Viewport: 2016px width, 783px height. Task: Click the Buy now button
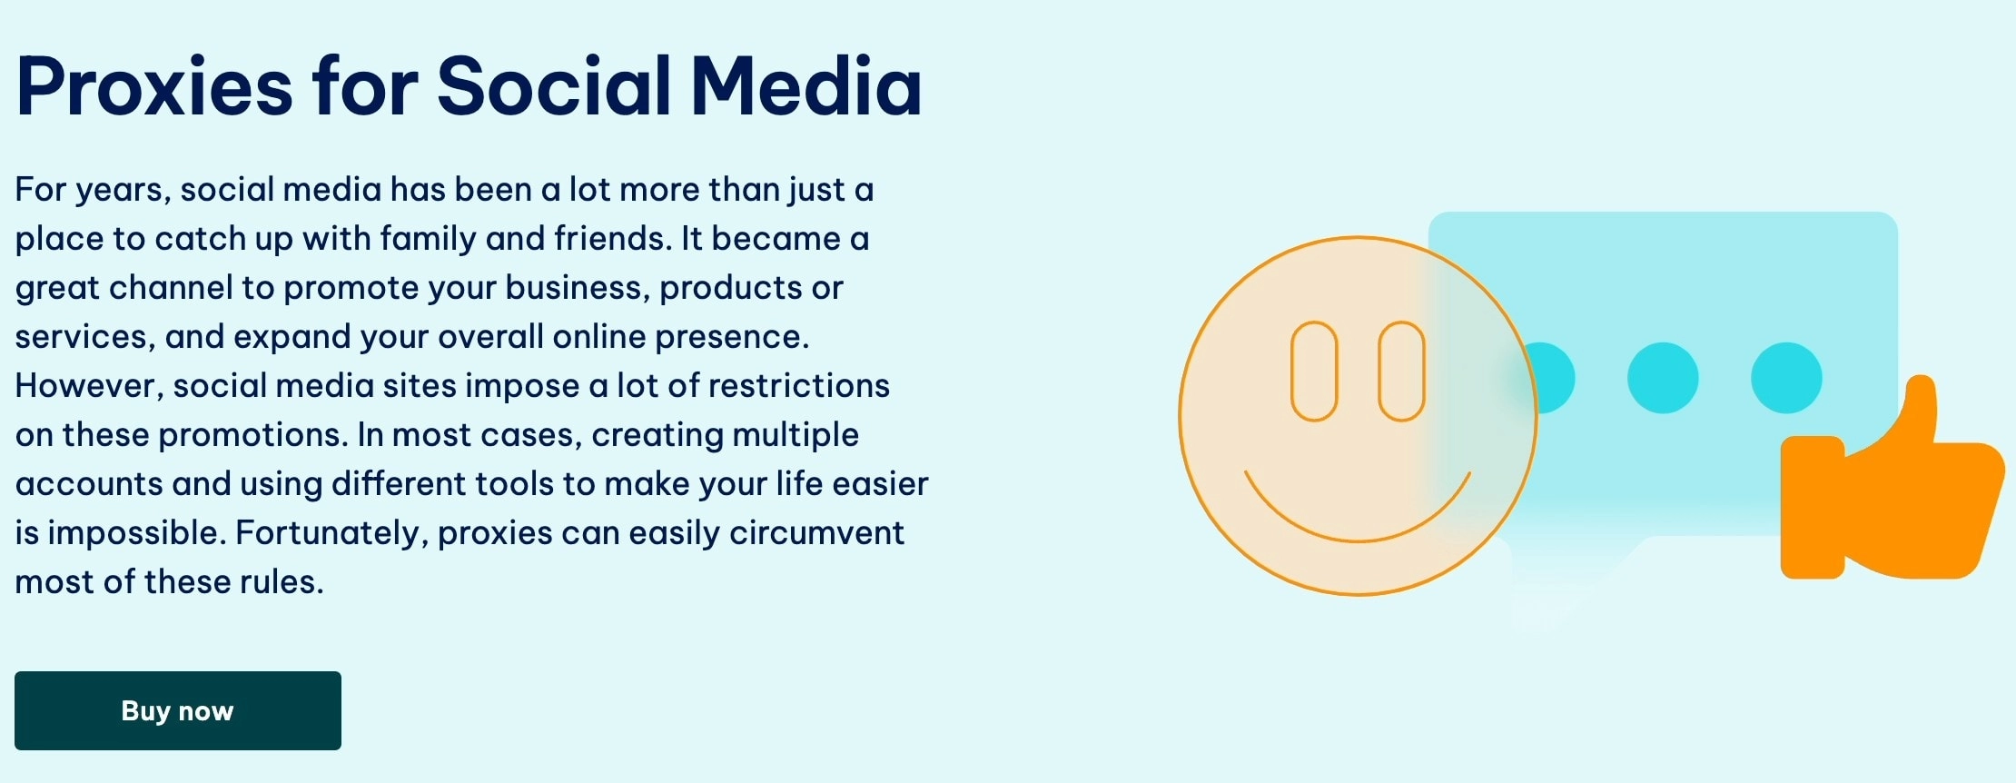(x=178, y=710)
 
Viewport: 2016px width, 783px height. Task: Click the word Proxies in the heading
(x=154, y=87)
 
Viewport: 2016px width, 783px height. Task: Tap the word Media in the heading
(x=806, y=87)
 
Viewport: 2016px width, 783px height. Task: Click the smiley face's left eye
(x=1314, y=371)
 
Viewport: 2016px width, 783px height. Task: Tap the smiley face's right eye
(x=1401, y=371)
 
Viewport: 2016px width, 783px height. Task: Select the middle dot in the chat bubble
(x=1663, y=378)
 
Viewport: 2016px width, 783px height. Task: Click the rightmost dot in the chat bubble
(x=1786, y=378)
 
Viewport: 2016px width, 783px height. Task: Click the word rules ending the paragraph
(x=282, y=582)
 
